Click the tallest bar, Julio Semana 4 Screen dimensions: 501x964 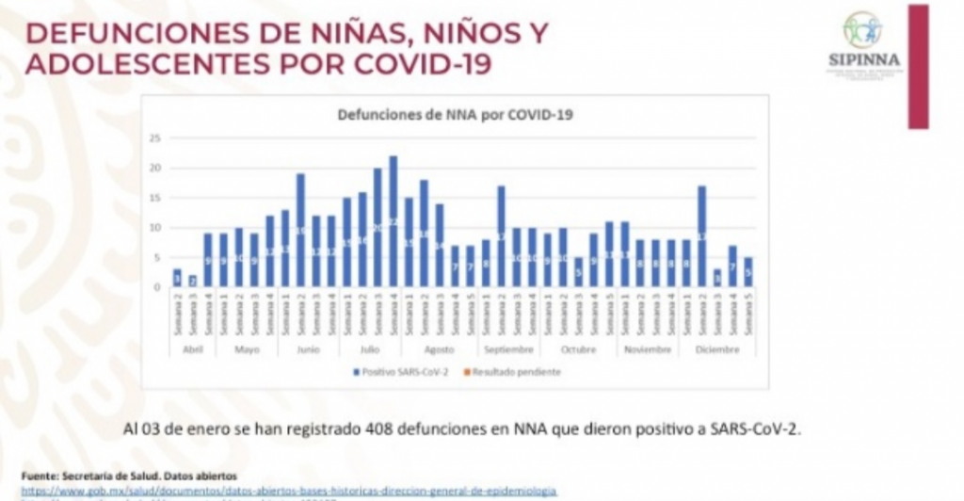point(394,222)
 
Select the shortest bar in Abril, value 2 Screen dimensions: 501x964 point(192,281)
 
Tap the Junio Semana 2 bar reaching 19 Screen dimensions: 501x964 point(300,231)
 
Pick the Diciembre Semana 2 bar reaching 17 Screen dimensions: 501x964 point(701,236)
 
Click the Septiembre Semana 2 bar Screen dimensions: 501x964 point(501,236)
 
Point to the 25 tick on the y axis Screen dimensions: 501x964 point(156,138)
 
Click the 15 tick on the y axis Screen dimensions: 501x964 point(156,198)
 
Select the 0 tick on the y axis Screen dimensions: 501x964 point(159,286)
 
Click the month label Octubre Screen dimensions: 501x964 point(577,349)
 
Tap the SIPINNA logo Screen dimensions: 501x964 point(863,42)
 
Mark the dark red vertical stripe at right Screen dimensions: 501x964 point(918,66)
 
